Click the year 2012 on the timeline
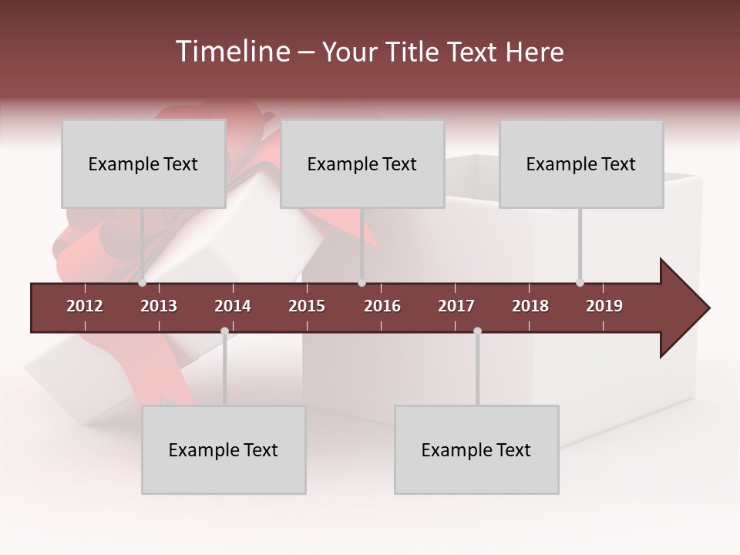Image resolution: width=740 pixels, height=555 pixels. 85,306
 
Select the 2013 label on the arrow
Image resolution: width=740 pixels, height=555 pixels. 159,306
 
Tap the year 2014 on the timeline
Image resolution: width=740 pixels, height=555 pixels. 233,306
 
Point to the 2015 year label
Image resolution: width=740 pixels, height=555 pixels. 307,306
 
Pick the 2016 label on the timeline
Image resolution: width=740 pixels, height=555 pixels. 382,306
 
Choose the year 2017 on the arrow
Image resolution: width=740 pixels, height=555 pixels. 456,306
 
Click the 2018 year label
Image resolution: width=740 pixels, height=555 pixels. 530,306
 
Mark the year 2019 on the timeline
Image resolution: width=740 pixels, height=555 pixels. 604,306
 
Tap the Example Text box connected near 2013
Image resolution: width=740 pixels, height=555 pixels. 143,163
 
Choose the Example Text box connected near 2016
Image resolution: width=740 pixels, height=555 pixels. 362,163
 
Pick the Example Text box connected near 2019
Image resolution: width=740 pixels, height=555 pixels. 581,163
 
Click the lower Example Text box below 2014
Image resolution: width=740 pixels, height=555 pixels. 224,450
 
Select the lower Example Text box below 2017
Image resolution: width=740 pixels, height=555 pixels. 476,450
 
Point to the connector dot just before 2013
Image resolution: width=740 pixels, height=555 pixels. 143,283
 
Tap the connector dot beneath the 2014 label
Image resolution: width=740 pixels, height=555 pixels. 224,331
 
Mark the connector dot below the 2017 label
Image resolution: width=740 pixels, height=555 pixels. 477,331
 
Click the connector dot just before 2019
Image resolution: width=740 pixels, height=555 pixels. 580,283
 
